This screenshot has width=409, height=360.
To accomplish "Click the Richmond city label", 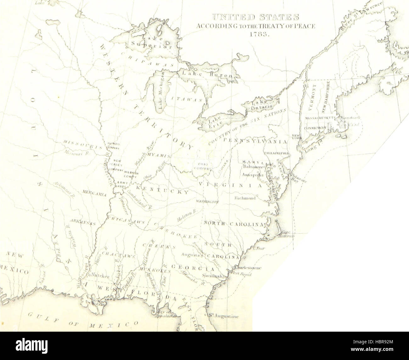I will pos(245,198).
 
